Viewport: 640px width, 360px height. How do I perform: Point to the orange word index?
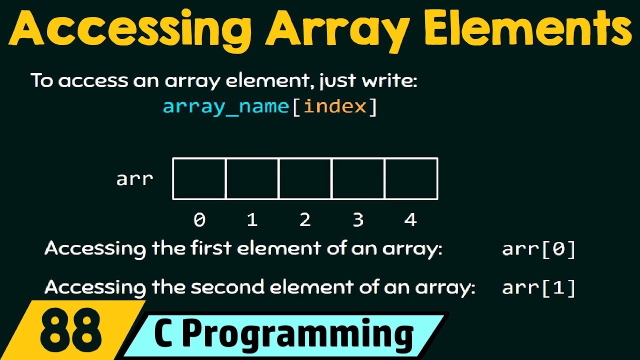335,106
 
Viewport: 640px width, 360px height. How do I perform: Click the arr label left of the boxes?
134,179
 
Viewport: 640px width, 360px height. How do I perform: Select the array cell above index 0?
199,178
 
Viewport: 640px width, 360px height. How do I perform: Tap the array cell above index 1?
252,178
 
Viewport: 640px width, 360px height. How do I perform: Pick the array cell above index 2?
305,178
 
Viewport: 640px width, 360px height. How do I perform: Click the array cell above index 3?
358,178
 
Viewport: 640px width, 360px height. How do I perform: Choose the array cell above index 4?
411,178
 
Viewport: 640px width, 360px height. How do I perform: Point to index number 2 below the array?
305,220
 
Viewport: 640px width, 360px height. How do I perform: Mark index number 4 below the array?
410,220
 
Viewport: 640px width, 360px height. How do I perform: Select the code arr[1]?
539,288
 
